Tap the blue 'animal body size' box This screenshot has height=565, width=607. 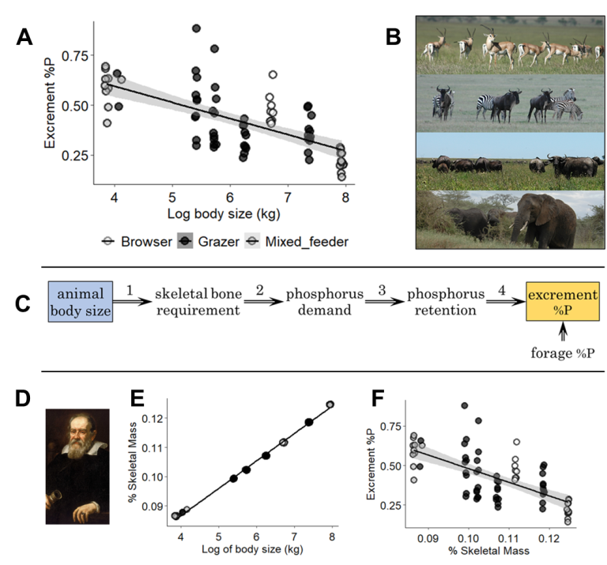coord(80,302)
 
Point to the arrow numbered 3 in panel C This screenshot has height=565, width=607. coord(383,302)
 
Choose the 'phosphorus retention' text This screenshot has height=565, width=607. coord(442,302)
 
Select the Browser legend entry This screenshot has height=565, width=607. coord(135,240)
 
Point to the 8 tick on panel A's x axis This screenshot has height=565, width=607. coord(344,196)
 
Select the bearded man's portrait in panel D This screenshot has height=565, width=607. coord(77,465)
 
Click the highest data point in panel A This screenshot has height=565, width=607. coord(197,28)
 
